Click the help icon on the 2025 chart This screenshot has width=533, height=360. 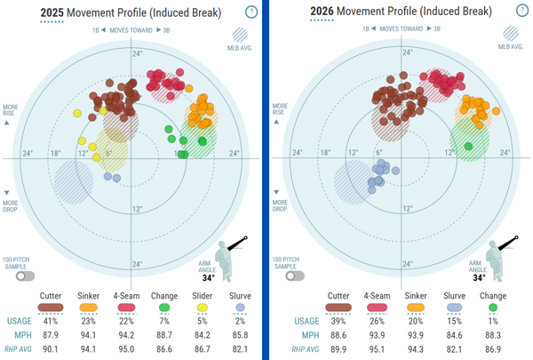251,12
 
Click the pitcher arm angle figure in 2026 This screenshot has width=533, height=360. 500,252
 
